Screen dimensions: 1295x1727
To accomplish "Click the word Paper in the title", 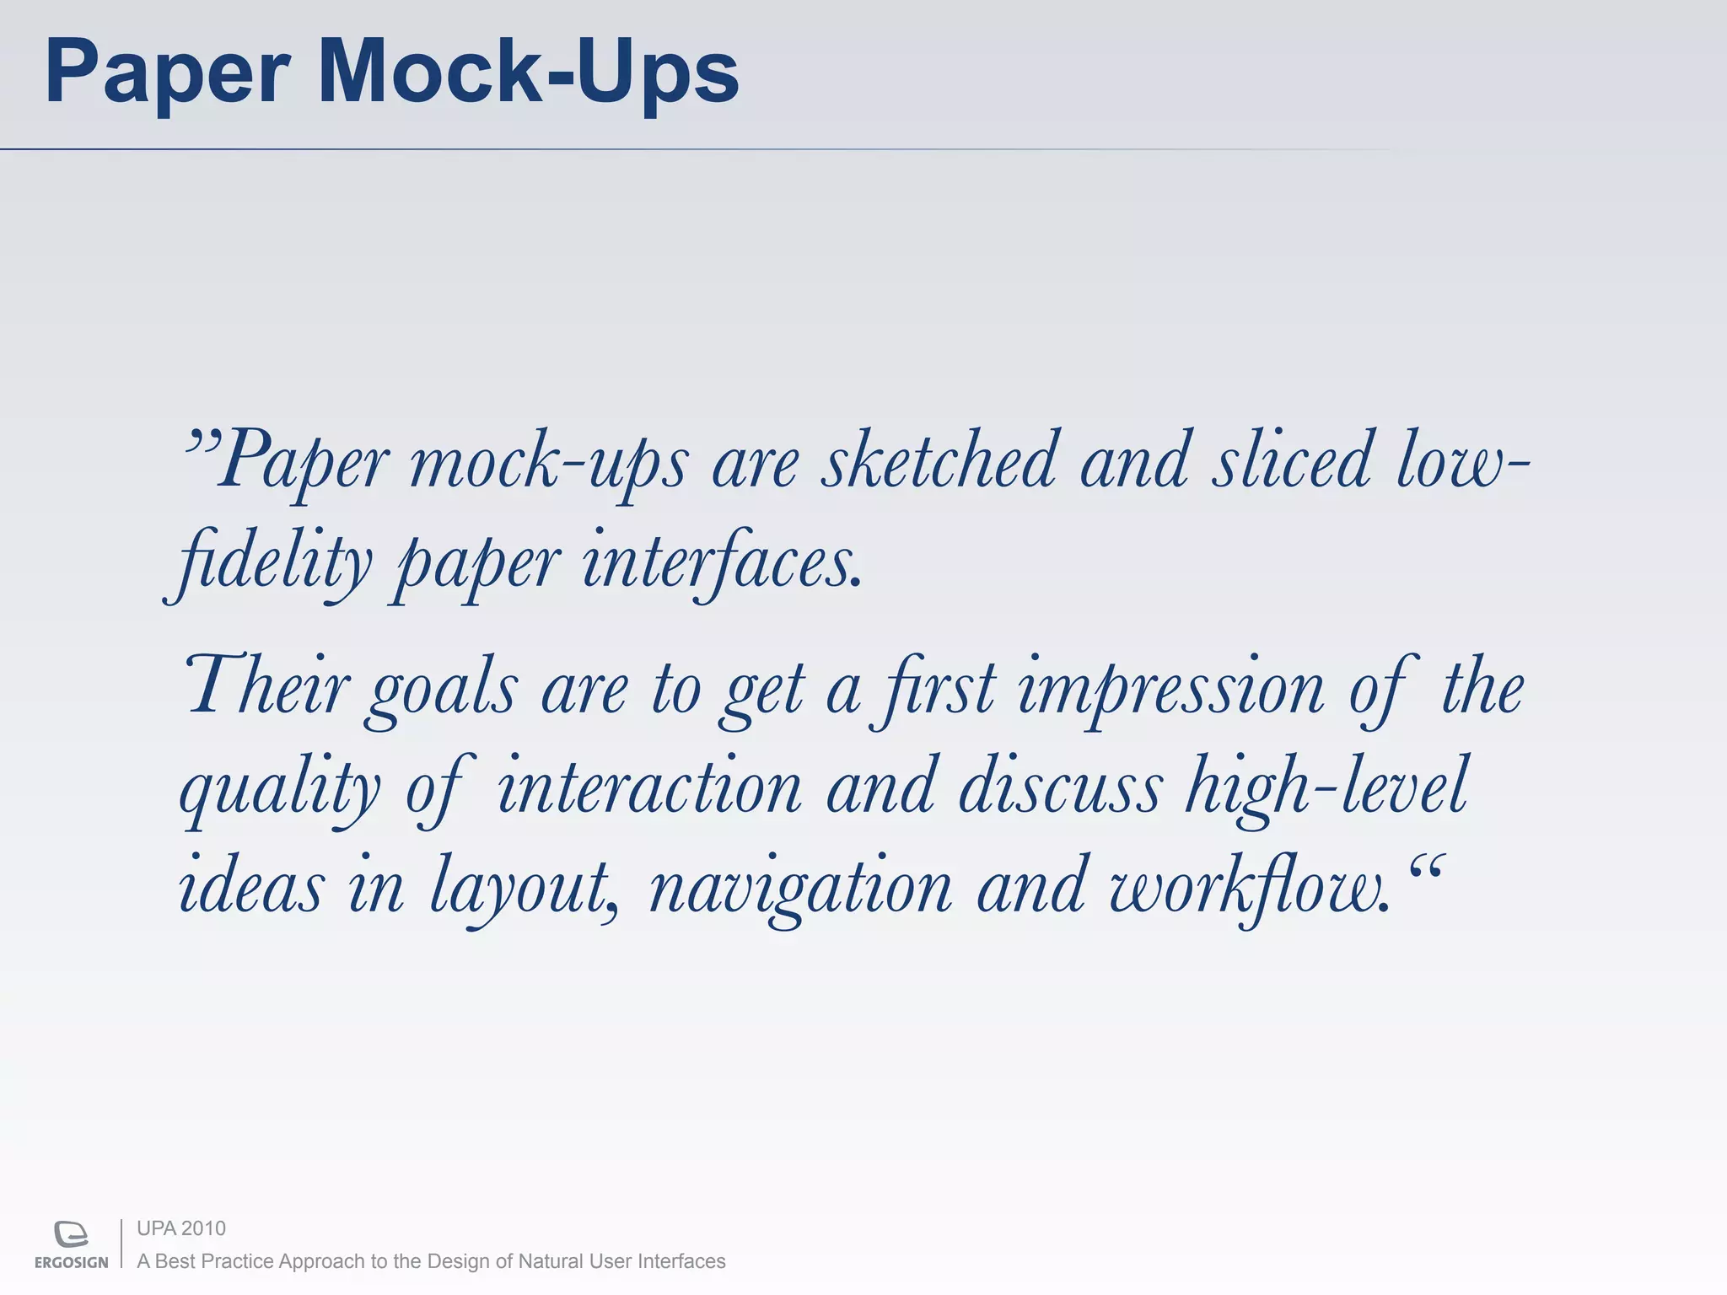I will tap(167, 73).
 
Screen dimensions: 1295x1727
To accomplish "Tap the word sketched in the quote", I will tap(939, 462).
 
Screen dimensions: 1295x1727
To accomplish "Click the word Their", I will tap(266, 687).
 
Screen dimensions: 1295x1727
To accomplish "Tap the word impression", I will tap(1170, 691).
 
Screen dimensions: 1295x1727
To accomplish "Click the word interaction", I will tap(649, 787).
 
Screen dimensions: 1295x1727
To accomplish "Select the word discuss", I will tap(1059, 787).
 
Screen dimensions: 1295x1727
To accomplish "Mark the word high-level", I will tap(1327, 789).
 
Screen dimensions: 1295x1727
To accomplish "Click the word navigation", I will tap(801, 889).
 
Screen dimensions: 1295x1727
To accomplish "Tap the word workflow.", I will tap(1248, 889).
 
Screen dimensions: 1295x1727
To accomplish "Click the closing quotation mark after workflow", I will tap(1427, 868).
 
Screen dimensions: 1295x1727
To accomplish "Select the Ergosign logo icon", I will tap(71, 1233).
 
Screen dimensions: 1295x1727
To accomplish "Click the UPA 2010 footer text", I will tap(181, 1228).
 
